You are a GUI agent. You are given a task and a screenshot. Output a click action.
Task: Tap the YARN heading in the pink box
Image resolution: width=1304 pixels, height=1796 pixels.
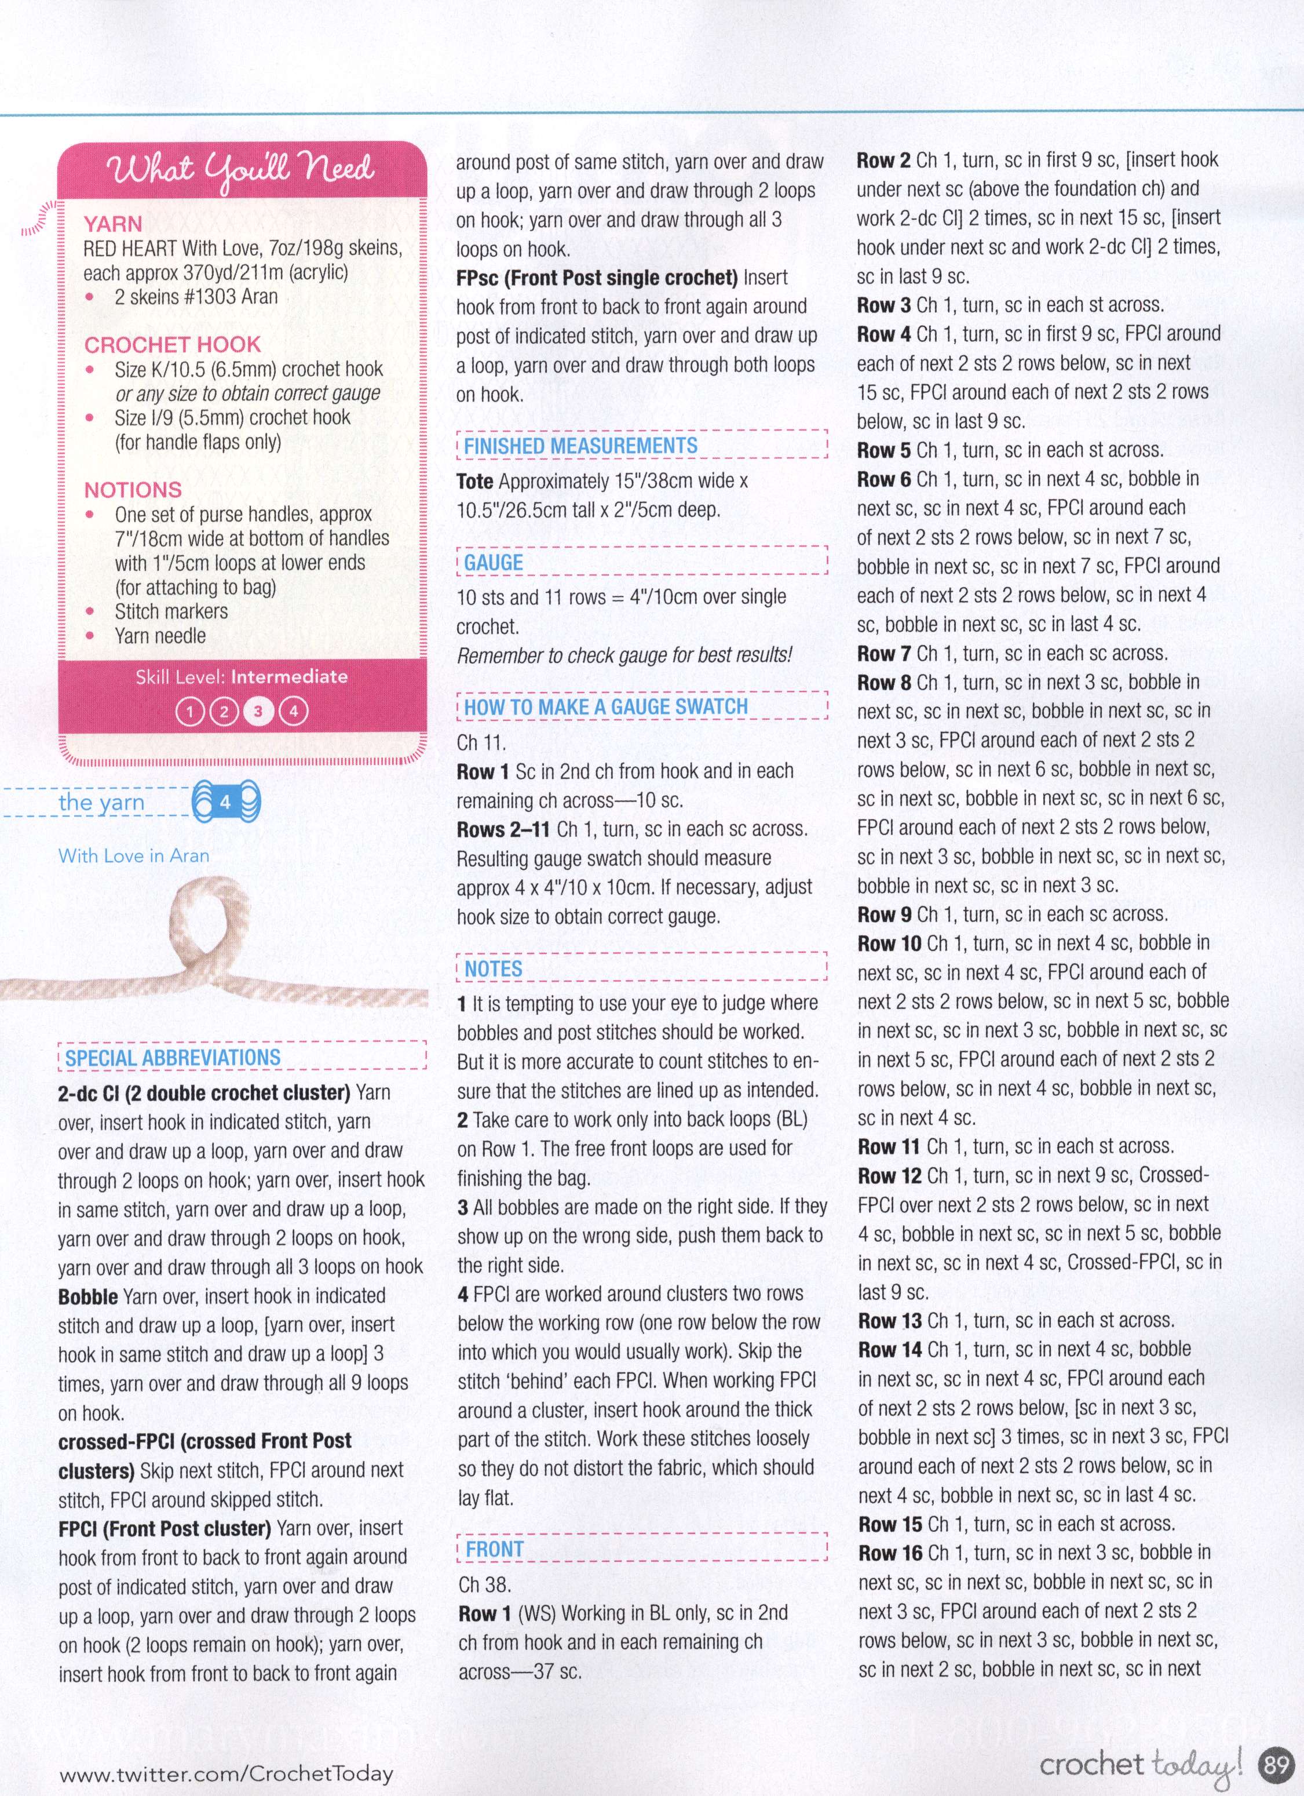tap(113, 224)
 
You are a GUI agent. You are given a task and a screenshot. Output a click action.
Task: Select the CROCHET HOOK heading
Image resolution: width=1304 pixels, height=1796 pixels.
tap(172, 344)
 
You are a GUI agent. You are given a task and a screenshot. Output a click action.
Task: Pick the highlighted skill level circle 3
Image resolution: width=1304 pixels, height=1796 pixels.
tap(258, 711)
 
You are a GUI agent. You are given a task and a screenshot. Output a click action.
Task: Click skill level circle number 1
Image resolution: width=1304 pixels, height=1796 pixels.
tap(189, 711)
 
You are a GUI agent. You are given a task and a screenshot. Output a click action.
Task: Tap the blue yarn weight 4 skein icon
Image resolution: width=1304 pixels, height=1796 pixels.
tap(226, 802)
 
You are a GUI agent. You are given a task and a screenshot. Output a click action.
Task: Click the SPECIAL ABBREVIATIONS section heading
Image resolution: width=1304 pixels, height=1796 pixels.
tap(173, 1058)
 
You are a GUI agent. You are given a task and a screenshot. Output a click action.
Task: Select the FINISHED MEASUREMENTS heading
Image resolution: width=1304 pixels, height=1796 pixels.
tap(580, 446)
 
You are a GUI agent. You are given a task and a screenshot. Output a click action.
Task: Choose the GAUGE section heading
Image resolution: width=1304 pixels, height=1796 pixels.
tap(493, 563)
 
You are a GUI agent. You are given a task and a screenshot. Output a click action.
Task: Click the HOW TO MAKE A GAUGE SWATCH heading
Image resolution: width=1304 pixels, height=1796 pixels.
tap(606, 706)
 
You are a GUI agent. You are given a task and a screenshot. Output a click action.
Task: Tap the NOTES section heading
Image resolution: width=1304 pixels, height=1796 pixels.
tap(493, 969)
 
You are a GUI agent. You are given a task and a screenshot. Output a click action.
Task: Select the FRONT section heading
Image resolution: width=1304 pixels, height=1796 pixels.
tap(495, 1549)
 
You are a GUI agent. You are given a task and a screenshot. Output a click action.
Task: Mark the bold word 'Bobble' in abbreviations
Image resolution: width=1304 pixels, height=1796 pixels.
tap(89, 1296)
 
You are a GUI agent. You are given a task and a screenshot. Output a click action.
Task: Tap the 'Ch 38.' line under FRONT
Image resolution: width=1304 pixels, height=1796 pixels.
tap(484, 1584)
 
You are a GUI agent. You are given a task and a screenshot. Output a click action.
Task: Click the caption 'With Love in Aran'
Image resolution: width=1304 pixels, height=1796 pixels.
tap(134, 855)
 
